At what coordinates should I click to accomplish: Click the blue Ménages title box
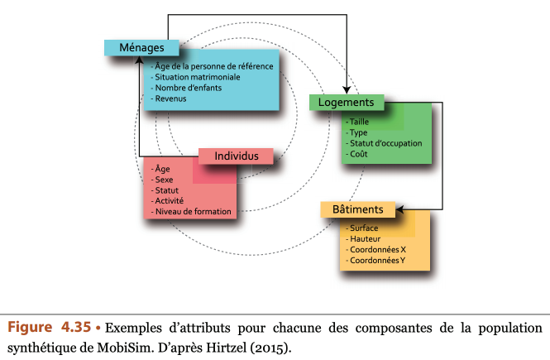click(141, 48)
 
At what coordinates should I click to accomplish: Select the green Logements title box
click(347, 103)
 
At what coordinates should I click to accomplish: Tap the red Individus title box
click(236, 156)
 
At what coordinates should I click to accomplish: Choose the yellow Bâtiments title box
click(358, 209)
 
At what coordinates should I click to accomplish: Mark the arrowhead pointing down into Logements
click(347, 90)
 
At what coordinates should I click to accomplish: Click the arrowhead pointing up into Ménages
click(139, 60)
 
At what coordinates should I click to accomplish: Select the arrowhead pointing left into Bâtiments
click(399, 210)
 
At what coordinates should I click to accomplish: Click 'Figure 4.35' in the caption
click(49, 327)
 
